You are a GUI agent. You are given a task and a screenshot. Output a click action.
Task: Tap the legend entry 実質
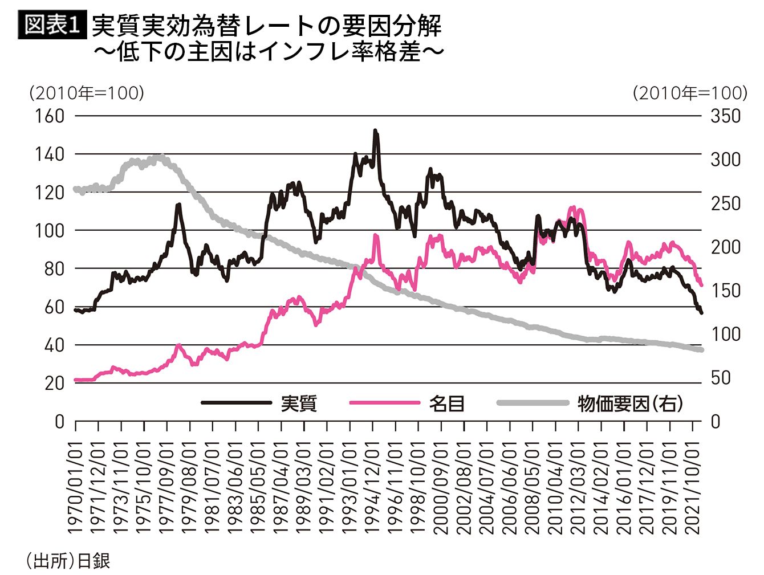(298, 403)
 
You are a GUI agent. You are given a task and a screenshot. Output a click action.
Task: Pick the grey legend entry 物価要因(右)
(629, 403)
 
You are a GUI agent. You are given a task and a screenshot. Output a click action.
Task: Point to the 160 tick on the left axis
(50, 116)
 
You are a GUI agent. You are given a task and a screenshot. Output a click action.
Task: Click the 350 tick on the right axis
(725, 116)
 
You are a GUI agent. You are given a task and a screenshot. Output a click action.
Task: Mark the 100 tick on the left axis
(50, 231)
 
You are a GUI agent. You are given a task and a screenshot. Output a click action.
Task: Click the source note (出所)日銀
(67, 561)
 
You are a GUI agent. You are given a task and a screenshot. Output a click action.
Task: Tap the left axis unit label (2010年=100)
(86, 93)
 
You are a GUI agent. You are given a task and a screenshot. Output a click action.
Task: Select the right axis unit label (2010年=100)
(689, 93)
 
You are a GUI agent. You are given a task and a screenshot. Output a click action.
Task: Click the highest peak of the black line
(375, 131)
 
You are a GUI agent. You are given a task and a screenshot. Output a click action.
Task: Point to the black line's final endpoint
(701, 313)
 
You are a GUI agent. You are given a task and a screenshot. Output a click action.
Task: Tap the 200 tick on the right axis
(725, 247)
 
